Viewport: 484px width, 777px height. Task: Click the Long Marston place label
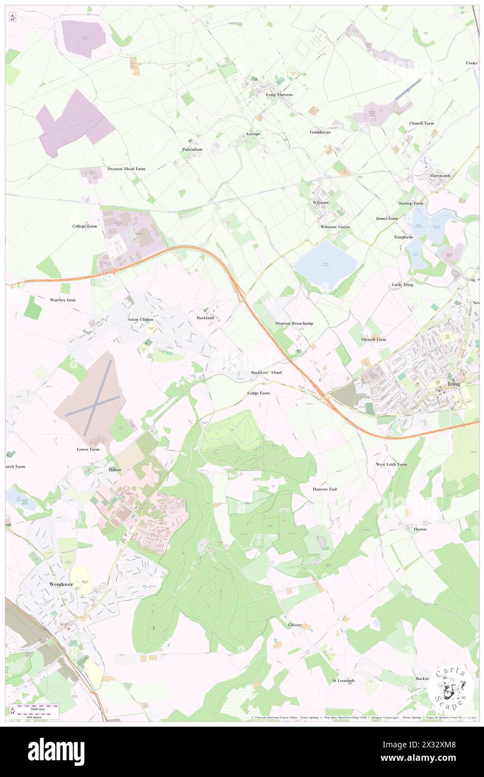(279, 94)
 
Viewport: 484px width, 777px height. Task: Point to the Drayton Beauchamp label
(293, 323)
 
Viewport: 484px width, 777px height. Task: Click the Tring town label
(453, 385)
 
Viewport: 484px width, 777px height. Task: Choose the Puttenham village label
(192, 149)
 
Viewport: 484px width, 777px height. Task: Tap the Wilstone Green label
(335, 227)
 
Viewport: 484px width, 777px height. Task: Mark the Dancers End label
(325, 489)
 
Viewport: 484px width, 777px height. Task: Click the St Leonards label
(343, 680)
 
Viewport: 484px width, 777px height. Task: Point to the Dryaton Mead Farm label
(126, 168)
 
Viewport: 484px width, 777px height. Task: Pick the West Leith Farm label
(391, 465)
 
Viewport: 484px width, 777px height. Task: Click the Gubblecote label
(320, 132)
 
